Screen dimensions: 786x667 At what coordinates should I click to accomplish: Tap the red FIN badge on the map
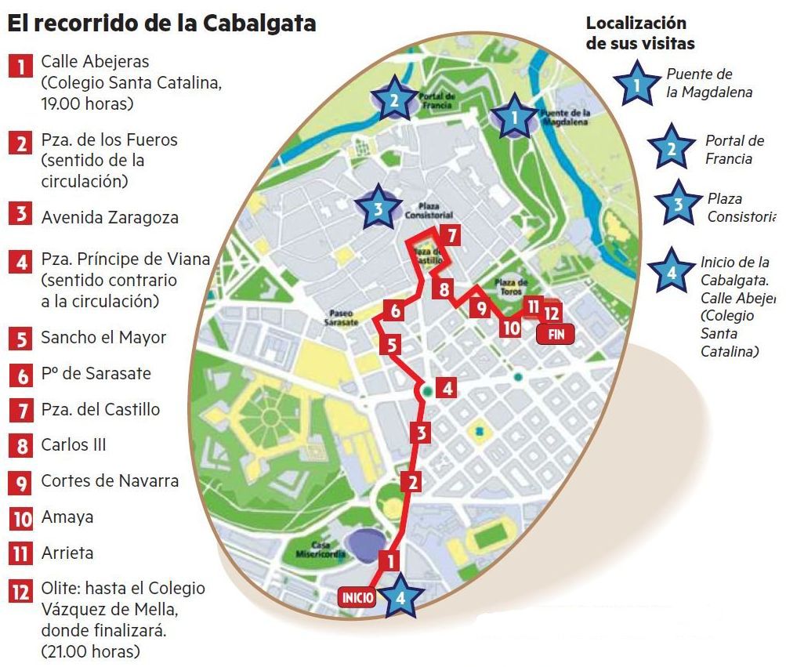tap(556, 334)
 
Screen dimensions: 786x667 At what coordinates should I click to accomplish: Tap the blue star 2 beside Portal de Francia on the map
tap(394, 99)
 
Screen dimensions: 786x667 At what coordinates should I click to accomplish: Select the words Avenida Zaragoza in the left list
tap(110, 217)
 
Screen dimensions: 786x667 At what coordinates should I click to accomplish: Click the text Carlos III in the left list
tap(74, 445)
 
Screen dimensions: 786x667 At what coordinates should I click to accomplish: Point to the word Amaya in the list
tap(67, 517)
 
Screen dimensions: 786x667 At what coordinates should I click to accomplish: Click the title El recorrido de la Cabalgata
tap(162, 24)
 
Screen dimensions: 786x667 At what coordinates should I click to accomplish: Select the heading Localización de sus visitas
tap(640, 34)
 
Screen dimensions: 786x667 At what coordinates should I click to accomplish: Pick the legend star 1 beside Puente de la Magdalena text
tap(636, 84)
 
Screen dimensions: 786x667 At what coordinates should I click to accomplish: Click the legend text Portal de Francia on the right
tap(733, 150)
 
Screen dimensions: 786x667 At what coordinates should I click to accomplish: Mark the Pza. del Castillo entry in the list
tap(100, 409)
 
